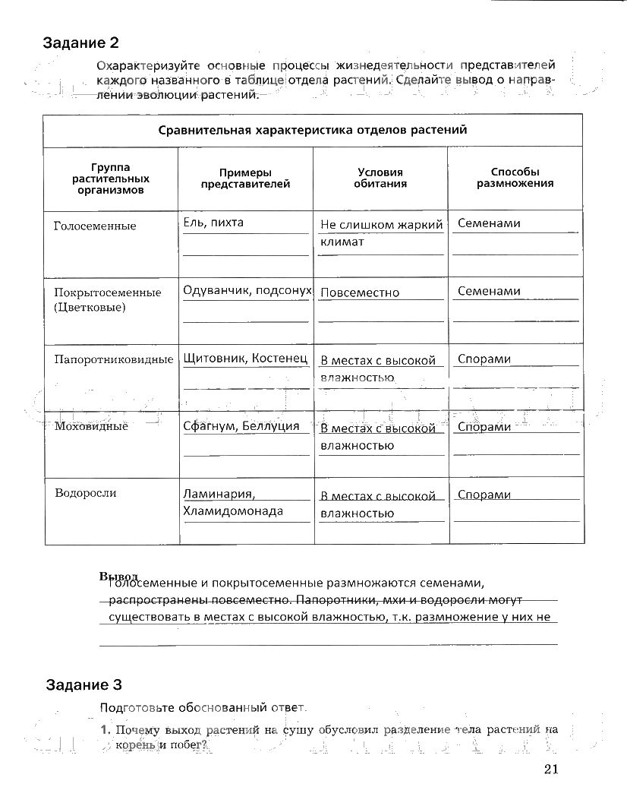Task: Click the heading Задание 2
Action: tap(82, 43)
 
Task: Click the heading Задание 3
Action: tap(83, 685)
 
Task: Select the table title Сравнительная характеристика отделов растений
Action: tap(313, 130)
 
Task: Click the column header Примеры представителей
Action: tap(244, 179)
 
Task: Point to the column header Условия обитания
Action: tap(381, 179)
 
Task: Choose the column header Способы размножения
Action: tap(515, 178)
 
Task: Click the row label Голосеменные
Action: tap(95, 226)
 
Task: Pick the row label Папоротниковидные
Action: tap(114, 359)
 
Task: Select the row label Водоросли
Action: tap(85, 493)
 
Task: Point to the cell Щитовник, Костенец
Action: tap(244, 358)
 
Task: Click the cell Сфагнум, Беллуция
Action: tap(241, 426)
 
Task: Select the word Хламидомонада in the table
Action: tap(232, 511)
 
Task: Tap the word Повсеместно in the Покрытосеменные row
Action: tap(359, 292)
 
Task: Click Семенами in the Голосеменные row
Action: tap(489, 223)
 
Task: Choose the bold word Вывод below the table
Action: tap(118, 576)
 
